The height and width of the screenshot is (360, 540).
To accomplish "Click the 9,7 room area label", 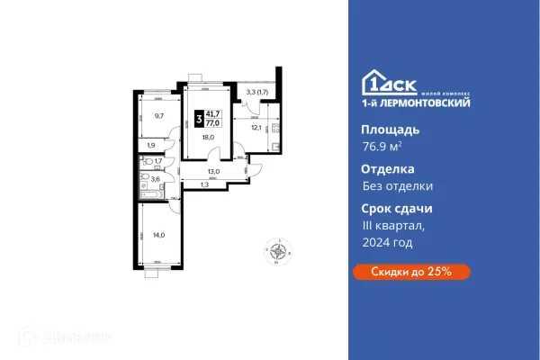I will tap(157, 116).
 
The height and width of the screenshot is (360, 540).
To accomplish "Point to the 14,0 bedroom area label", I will tap(159, 234).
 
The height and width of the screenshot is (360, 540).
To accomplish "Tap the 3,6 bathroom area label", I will tap(155, 179).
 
